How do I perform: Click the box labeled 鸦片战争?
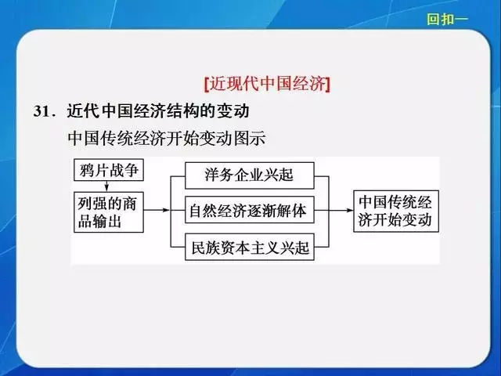click(109, 170)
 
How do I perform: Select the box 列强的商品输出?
click(109, 212)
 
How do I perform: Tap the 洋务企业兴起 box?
click(250, 175)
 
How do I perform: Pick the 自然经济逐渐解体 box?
click(250, 210)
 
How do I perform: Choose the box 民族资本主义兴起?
click(250, 247)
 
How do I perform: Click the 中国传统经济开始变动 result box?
click(396, 211)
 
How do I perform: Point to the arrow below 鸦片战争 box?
click(106, 186)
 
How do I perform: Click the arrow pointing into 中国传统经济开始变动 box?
click(341, 210)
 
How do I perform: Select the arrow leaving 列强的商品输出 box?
click(157, 210)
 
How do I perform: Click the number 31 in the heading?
click(41, 112)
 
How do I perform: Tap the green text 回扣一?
click(447, 19)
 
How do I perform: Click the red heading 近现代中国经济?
click(268, 85)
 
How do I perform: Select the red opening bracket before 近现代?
click(207, 85)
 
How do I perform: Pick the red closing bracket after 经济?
click(327, 85)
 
